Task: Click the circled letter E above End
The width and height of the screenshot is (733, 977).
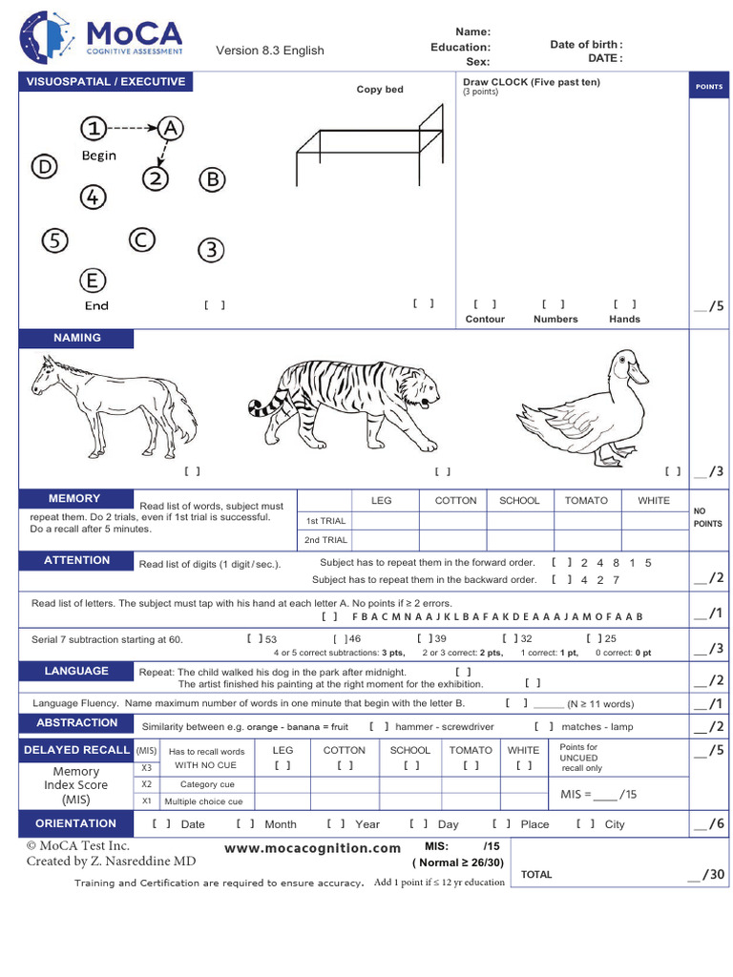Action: point(93,281)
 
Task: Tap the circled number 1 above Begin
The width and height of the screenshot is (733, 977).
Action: point(93,128)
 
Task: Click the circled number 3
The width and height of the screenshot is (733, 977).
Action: point(211,250)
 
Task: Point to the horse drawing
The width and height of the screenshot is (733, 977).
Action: point(114,405)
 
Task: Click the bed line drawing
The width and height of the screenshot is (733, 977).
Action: point(371,148)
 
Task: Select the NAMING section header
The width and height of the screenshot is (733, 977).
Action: point(77,338)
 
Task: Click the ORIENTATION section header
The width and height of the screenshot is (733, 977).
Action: point(76,823)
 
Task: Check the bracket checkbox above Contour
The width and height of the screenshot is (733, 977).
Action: point(485,303)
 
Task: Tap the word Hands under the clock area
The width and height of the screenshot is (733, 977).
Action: point(624,319)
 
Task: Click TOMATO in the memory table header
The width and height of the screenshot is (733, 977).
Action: point(586,501)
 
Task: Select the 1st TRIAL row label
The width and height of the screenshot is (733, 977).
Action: point(325,521)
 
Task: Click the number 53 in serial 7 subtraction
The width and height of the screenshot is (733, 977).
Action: point(271,638)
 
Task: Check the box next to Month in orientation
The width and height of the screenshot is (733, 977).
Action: point(245,823)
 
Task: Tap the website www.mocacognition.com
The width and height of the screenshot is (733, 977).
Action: point(312,848)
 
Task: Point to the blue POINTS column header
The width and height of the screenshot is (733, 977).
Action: point(709,87)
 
